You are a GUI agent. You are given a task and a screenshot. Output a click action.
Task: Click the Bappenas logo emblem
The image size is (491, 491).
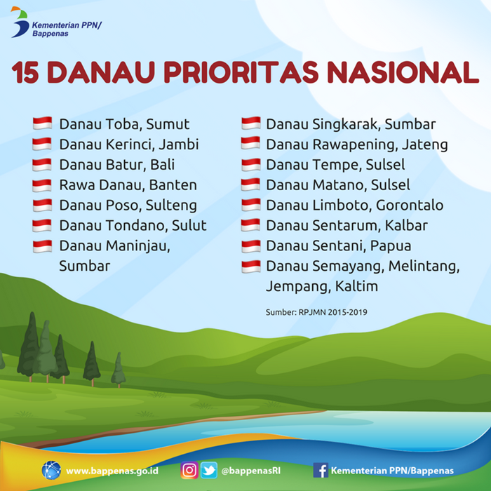tap(20, 22)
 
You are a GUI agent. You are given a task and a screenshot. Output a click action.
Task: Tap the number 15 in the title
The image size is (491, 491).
tap(25, 72)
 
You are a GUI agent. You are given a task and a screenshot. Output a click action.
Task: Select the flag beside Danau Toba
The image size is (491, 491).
tap(42, 123)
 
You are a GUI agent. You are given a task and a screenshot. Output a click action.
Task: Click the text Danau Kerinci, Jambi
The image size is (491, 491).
tap(129, 144)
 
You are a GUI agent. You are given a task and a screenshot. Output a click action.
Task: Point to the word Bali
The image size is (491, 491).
tap(163, 164)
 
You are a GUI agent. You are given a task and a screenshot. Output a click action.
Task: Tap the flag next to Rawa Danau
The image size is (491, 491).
tap(42, 185)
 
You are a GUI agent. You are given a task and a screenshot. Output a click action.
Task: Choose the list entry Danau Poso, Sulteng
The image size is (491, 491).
tap(128, 206)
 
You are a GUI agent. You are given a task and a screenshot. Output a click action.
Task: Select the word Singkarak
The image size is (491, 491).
tap(347, 124)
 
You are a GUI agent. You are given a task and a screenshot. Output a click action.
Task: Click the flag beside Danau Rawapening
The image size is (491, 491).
tap(250, 143)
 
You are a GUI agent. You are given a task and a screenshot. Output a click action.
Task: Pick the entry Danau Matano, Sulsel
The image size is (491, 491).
tap(338, 184)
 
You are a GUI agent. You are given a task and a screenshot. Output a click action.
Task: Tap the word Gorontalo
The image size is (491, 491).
tap(410, 205)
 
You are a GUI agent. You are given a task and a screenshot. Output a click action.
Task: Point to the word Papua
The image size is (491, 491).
tap(391, 246)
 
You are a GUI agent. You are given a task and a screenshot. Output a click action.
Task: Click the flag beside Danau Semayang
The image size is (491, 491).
tap(251, 267)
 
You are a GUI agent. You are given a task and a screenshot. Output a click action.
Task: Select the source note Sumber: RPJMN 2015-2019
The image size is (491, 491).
tap(316, 312)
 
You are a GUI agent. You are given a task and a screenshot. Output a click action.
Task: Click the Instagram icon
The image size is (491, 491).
tap(189, 470)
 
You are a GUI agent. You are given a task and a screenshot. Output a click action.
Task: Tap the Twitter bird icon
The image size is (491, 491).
tap(209, 470)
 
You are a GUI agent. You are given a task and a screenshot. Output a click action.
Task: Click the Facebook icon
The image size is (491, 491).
tap(321, 471)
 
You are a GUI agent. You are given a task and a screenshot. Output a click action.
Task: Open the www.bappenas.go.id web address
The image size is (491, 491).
tap(112, 471)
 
